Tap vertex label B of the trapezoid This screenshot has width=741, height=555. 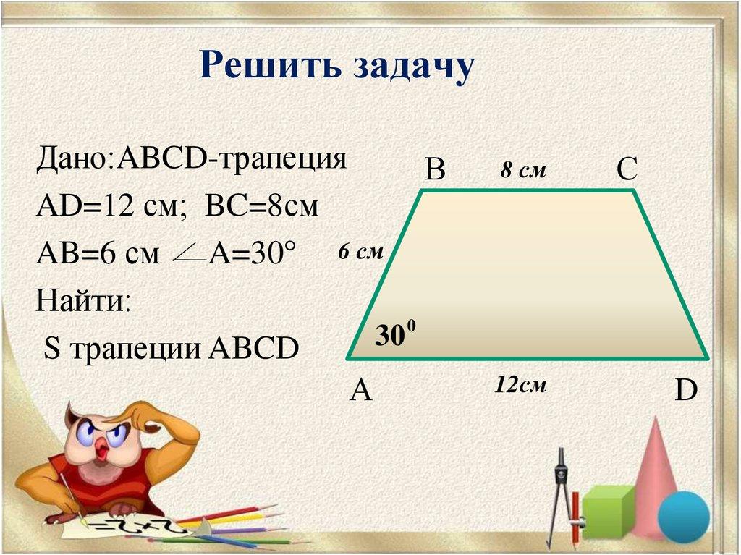click(435, 170)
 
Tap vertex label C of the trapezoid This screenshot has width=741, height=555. click(626, 170)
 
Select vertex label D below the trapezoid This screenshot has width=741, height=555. click(685, 391)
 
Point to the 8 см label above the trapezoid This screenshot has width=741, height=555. click(522, 171)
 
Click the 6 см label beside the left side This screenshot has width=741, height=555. click(360, 252)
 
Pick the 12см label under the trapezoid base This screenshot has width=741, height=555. click(520, 384)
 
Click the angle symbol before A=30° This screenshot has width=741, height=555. click(189, 254)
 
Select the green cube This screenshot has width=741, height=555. click(607, 511)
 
